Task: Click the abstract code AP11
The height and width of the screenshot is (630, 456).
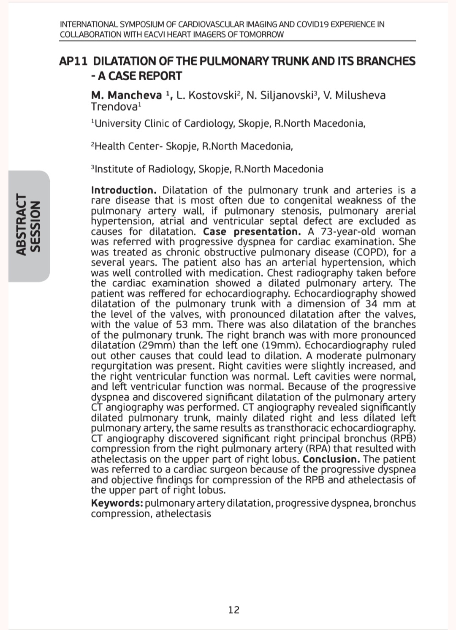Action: [73, 61]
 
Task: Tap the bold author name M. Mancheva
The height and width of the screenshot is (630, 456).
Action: [126, 95]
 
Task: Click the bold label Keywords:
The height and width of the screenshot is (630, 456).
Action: [117, 503]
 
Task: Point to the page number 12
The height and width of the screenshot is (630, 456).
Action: [233, 610]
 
